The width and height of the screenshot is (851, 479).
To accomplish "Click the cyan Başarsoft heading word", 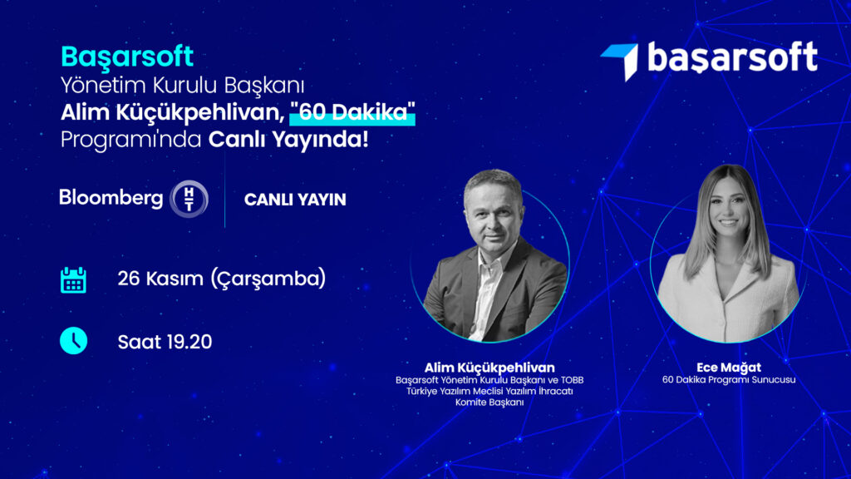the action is point(127,57).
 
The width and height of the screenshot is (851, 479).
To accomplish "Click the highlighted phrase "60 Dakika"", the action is point(352,112).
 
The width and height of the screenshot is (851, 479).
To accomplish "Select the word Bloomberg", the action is point(111,198).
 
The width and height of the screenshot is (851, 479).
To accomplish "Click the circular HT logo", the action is point(189,199).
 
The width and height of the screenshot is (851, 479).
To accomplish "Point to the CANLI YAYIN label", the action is point(295,200).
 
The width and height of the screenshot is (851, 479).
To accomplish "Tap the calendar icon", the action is point(73,279).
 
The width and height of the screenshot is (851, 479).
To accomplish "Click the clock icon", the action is point(73,340).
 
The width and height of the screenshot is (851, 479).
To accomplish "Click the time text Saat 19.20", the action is point(165,342).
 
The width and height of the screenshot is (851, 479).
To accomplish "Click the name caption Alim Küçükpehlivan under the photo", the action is point(489,368).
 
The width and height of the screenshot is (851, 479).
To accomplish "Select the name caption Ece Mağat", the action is point(729,368).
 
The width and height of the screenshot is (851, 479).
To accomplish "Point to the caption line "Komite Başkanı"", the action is point(489,402).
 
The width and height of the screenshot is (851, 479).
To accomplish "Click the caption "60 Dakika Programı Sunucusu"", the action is point(729,379).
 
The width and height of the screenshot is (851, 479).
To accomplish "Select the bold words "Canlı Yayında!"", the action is point(288,140).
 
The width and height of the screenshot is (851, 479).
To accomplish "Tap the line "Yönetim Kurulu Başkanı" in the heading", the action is point(182,86).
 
